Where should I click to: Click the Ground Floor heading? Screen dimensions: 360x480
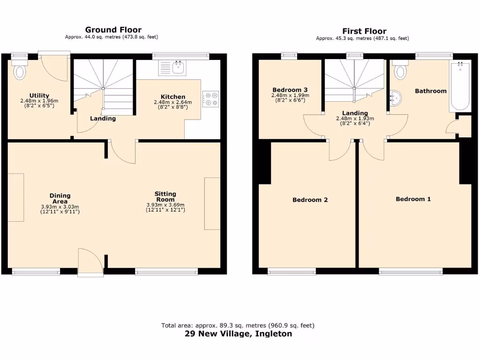tap(113, 30)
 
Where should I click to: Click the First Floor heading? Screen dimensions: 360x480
tap(364, 31)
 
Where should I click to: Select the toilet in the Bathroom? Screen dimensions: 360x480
tap(400, 71)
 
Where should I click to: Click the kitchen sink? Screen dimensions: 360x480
tap(178, 68)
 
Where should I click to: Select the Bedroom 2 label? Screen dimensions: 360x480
tap(310, 200)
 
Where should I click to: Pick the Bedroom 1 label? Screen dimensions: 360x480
tap(413, 199)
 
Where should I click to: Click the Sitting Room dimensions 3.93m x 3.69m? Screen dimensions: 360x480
tap(165, 205)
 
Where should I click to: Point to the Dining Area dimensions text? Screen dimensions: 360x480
tap(60, 207)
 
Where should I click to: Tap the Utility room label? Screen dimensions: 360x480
tap(39, 96)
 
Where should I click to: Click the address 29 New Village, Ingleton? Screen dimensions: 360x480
tap(238, 334)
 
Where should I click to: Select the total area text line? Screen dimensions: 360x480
tap(238, 325)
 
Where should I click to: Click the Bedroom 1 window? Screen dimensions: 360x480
tap(411, 271)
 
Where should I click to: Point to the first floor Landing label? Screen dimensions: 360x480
tap(355, 113)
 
